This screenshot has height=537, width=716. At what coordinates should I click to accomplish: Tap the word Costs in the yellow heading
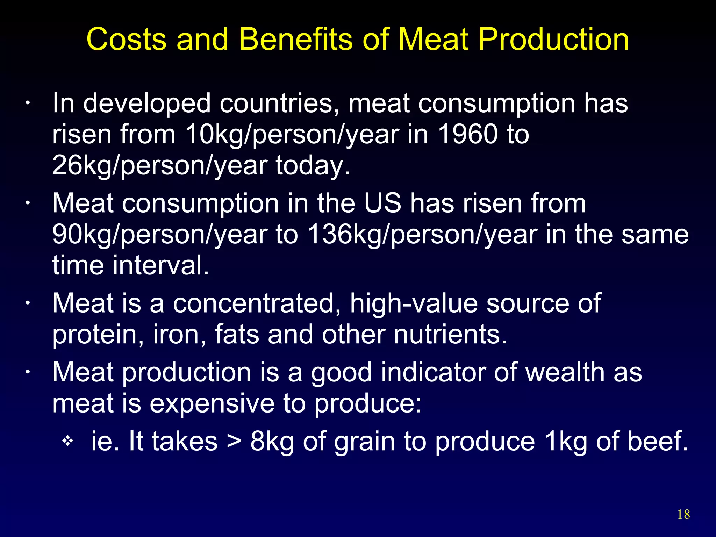pyautogui.click(x=126, y=39)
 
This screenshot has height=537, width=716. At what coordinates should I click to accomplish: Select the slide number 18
pyautogui.click(x=683, y=515)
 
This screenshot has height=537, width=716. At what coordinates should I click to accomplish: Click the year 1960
pyautogui.click(x=468, y=134)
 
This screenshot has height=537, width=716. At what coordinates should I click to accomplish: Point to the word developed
pyautogui.click(x=147, y=103)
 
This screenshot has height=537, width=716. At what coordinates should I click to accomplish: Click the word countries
pyautogui.click(x=279, y=103)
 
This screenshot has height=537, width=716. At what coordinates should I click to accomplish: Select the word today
pyautogui.click(x=313, y=165)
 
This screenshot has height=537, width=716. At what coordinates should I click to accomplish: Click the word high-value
pyautogui.click(x=414, y=303)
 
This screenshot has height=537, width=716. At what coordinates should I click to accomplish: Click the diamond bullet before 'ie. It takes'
pyautogui.click(x=67, y=441)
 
